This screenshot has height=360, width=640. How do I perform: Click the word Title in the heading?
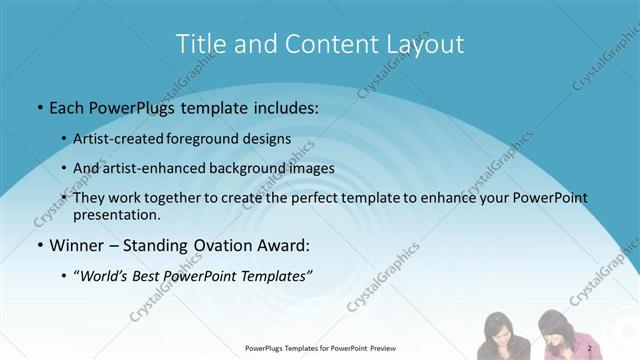200,44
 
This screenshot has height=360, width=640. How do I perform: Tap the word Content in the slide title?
306,44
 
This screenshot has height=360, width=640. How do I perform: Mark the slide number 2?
591,348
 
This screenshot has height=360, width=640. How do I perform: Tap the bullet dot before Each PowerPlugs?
39,105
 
